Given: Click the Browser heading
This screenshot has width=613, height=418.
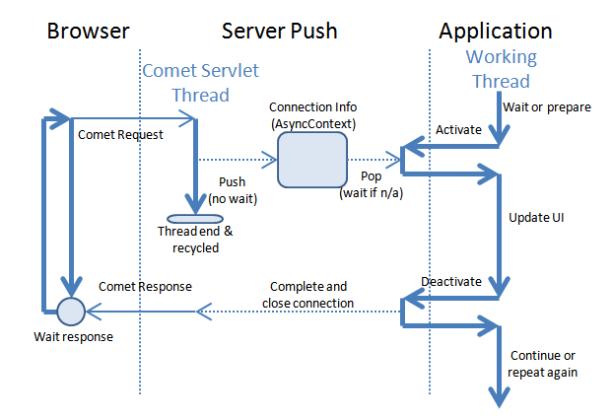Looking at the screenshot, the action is point(88,31).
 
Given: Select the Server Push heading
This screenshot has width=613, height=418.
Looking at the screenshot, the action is point(279,31).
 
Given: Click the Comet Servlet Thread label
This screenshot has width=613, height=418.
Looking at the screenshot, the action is point(200,83).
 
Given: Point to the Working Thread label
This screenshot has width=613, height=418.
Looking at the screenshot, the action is point(502,69).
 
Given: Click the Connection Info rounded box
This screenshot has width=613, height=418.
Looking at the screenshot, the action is point(312,160).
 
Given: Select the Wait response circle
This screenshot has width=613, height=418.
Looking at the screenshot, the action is point(71,312).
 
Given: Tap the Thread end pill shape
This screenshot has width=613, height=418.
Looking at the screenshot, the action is point(195,219).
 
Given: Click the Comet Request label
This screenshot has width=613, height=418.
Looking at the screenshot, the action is point(120,134).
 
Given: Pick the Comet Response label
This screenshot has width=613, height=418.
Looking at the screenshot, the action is point(145,287).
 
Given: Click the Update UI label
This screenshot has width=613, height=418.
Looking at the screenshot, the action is point(536,218).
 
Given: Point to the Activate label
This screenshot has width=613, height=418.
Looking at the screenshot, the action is point(458,129).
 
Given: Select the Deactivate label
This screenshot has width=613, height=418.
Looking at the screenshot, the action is point(451,282).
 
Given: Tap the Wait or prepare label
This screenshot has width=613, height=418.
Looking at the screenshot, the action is point(547,107).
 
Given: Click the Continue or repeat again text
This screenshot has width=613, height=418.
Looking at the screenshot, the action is point(543,364).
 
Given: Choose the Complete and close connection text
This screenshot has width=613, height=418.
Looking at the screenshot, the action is point(308,295).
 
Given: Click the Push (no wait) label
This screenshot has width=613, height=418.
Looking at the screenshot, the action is point(233,190).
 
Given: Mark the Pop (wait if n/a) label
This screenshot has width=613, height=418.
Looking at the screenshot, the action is point(371,184).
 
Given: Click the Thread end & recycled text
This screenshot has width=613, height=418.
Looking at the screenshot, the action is point(195,240).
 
